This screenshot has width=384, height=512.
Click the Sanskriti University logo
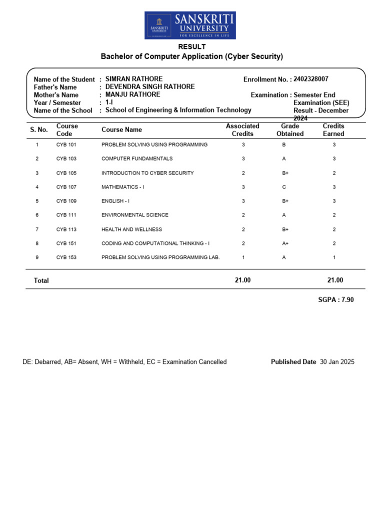[190, 25]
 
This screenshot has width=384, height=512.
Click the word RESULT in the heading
[192, 46]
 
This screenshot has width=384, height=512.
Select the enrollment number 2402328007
[311, 79]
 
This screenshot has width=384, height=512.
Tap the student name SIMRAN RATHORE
[134, 79]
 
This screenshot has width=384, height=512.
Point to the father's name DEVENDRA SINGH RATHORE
[150, 87]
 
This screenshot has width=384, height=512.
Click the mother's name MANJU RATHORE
[133, 94]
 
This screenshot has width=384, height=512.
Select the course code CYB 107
[66, 187]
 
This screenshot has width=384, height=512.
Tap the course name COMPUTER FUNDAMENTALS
[137, 158]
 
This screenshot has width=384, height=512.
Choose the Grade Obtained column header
[290, 130]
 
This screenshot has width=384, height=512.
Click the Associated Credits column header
[242, 130]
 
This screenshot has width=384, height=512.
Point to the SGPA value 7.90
[347, 299]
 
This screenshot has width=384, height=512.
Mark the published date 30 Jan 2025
[337, 362]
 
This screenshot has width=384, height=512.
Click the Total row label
[41, 280]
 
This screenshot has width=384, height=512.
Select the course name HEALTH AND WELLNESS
[131, 229]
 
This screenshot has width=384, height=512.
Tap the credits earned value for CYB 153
[334, 257]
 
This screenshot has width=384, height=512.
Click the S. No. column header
[39, 129]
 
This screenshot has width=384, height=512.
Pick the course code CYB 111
[66, 215]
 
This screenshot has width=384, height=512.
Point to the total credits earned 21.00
[335, 280]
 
